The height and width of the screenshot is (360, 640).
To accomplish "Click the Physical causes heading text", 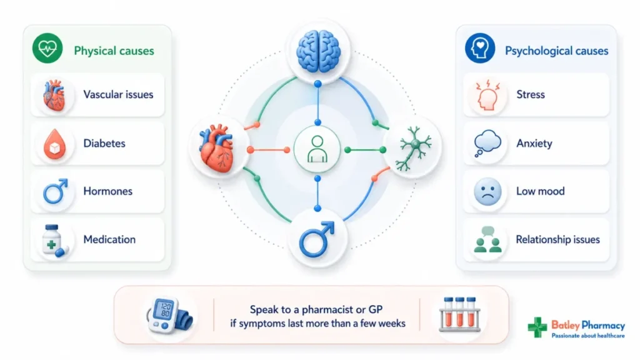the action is (114, 51).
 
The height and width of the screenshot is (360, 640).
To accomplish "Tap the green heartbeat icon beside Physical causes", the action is (47, 48).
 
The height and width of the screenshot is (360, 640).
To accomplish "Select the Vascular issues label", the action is (118, 95).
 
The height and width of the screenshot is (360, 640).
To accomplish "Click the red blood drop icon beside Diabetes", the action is (55, 144).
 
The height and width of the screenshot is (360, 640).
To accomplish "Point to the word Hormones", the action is (107, 191).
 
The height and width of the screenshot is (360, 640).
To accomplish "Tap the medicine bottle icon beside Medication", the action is (54, 241).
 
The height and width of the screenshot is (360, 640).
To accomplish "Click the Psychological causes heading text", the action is (557, 51).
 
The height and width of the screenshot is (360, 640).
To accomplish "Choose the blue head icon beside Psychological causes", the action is (480, 48).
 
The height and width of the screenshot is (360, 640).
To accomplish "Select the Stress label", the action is (531, 95).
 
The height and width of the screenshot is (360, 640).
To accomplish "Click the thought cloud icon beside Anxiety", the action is (487, 143).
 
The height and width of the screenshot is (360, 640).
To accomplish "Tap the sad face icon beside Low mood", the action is (487, 191).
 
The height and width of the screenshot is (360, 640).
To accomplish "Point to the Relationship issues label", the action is (558, 239).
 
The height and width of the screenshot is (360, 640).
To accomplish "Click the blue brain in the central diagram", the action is (318, 51).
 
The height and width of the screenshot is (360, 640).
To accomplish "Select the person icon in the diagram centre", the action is (317, 149).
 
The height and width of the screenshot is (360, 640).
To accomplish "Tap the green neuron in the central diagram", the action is (414, 148).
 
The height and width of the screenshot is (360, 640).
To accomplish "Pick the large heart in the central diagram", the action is (217, 148).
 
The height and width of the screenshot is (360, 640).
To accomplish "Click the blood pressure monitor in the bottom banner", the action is (169, 316).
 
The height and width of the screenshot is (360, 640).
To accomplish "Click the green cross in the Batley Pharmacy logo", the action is (537, 327).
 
